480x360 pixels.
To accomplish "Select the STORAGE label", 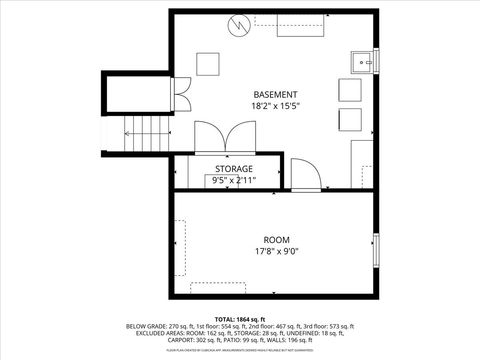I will coord(234,169).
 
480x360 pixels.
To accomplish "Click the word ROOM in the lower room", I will coord(277,240).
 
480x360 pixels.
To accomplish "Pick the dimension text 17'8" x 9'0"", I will coord(277,252).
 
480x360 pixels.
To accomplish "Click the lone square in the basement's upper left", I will coord(209,63).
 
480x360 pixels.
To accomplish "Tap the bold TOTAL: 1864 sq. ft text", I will coord(240,317).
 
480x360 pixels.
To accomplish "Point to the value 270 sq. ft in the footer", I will coord(177,326).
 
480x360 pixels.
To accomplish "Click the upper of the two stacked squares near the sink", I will coord(350,90).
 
